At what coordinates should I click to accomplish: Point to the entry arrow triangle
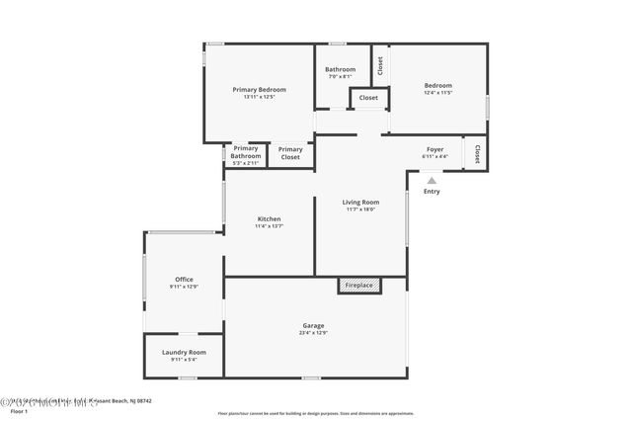click(432, 180)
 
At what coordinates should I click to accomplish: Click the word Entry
click(432, 191)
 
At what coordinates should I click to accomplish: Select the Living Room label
click(360, 202)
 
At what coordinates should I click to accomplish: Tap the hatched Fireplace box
click(358, 285)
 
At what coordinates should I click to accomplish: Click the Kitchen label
click(269, 218)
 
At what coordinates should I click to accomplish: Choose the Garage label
click(313, 325)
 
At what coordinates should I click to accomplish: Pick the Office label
click(184, 279)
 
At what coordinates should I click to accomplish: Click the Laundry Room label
click(184, 352)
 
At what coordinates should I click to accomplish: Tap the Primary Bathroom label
click(246, 152)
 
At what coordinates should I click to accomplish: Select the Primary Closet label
click(290, 153)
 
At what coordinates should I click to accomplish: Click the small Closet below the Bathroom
click(368, 98)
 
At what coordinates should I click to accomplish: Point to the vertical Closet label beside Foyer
click(477, 154)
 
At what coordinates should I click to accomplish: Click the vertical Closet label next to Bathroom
click(379, 65)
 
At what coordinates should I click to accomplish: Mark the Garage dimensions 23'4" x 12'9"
click(313, 333)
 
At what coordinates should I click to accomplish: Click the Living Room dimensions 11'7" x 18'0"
click(360, 209)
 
